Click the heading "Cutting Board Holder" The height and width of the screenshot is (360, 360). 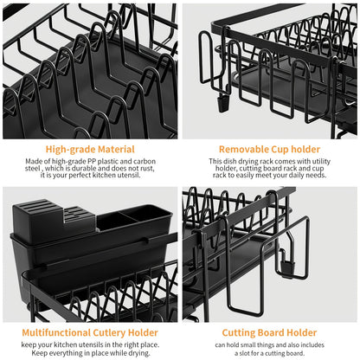[270, 331]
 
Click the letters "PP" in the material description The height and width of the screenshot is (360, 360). [96, 162]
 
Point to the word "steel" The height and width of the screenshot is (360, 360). [34, 170]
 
